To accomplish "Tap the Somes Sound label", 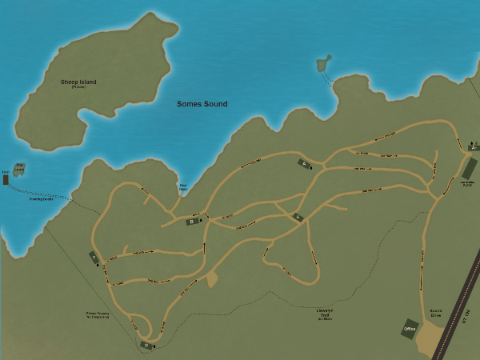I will pos(202,104).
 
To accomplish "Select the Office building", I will pos(410,329).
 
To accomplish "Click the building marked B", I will pos(192,222).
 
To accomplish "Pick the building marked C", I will pos(94,258).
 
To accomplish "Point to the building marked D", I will pos(146,345).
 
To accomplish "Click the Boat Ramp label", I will pos(183,188).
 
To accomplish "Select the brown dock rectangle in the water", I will pos(6,180).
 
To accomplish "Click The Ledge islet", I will pos(20,168).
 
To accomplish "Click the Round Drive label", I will pos(436,314).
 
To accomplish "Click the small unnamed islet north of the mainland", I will pos(324,62).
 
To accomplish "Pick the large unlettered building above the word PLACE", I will pos(469,169).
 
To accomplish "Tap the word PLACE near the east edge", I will pos(467,186).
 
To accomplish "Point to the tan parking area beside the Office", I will pos(432,339).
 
